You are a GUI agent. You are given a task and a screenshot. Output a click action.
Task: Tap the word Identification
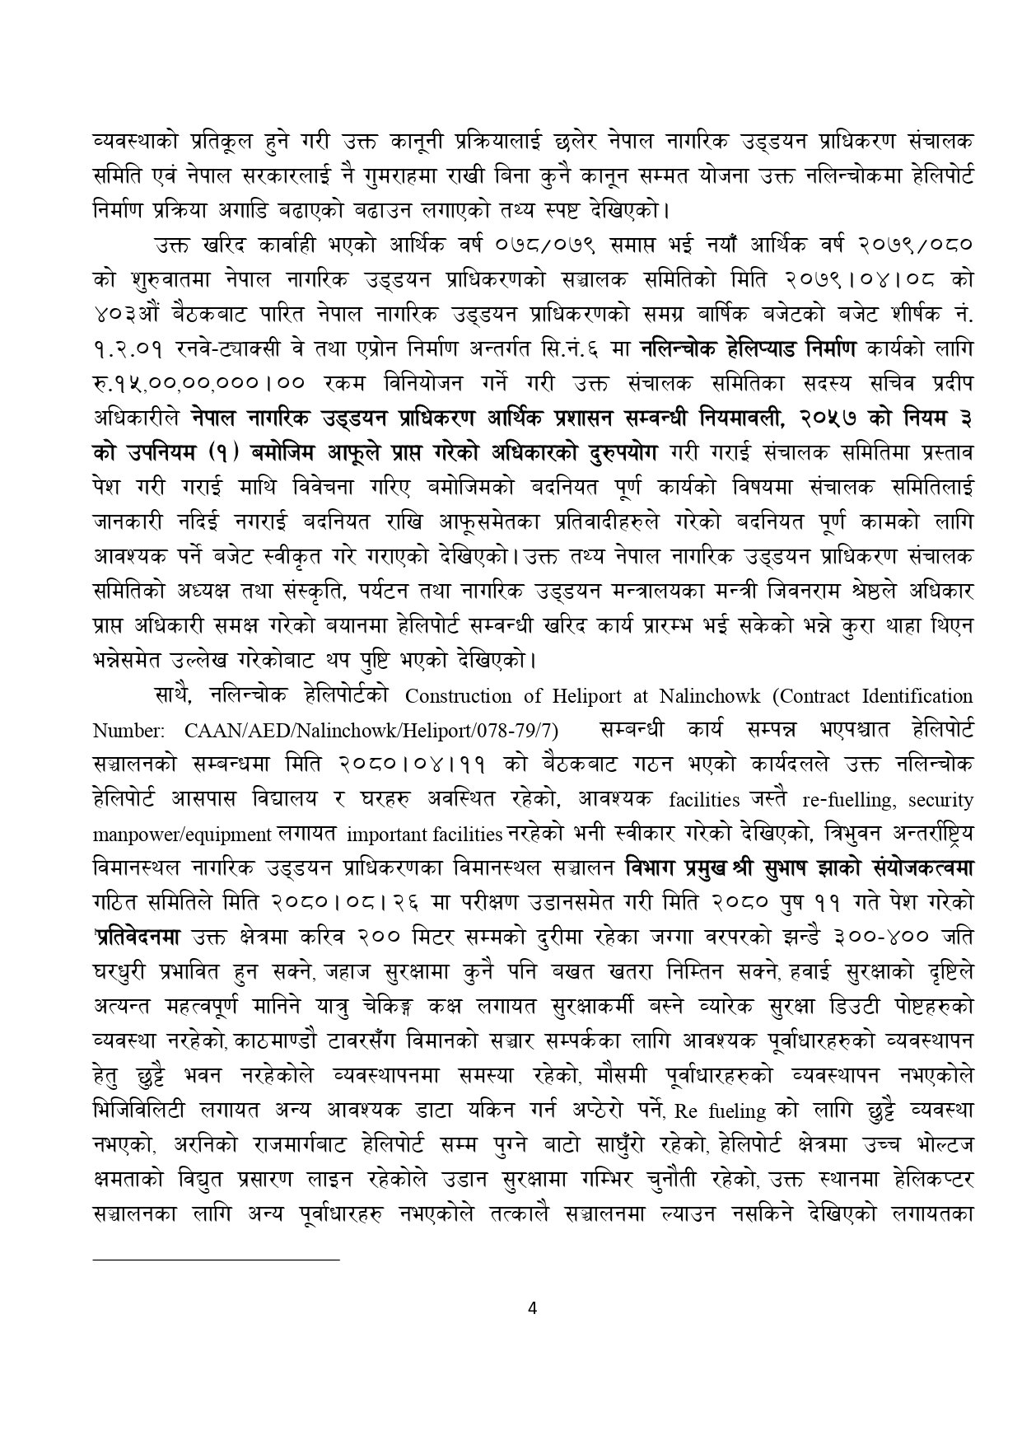[x=918, y=696]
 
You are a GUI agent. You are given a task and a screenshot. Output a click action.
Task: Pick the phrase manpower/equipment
[x=182, y=835]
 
